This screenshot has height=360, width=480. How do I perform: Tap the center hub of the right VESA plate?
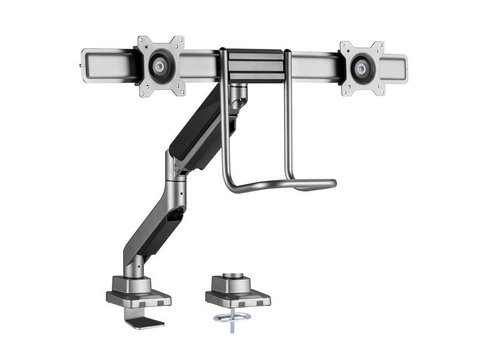362,69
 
